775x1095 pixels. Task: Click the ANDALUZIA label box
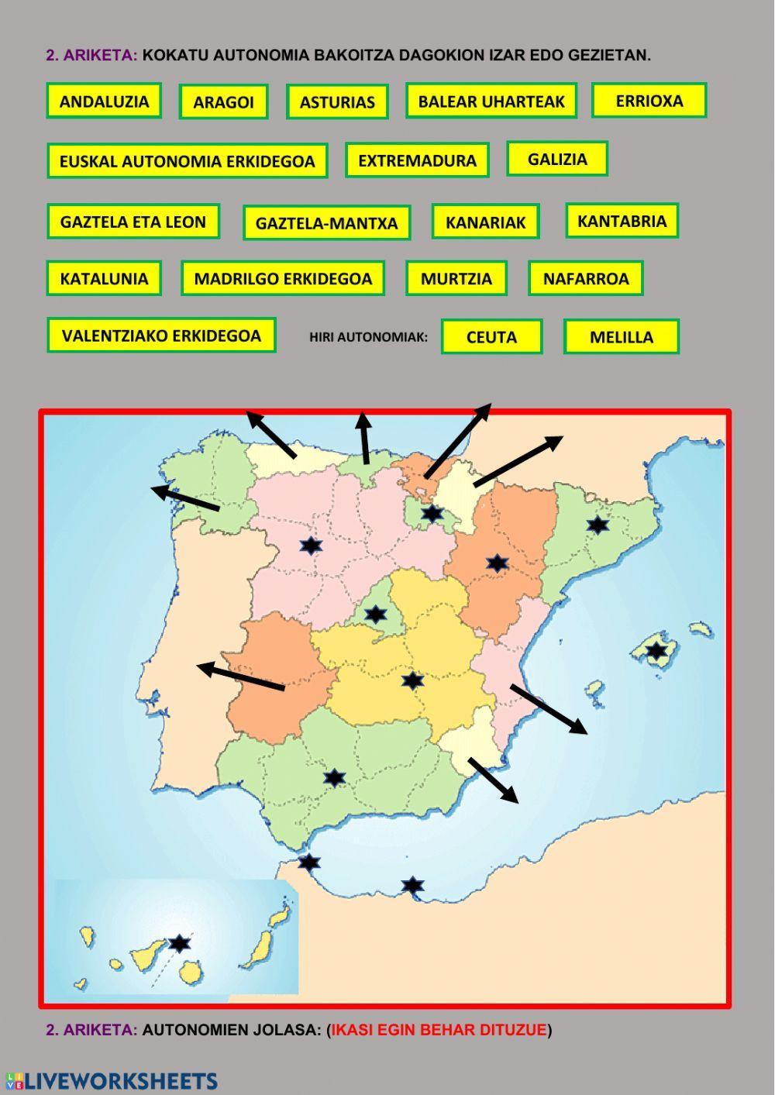pos(104,101)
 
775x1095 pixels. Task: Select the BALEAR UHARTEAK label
pos(491,101)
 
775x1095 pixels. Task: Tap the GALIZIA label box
pos(557,159)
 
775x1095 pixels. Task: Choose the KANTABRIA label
pos(622,221)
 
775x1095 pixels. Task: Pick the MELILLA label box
pos(621,337)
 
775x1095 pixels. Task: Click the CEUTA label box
pos(491,337)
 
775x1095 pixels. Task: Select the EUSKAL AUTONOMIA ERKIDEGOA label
pos(187,161)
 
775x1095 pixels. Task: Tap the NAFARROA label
pos(585,278)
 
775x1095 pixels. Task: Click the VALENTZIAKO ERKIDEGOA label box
pos(161,336)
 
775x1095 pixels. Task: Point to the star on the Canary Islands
pos(179,943)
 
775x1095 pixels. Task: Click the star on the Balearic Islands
pos(656,650)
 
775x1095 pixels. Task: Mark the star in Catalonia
pos(598,525)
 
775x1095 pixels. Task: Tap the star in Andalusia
pos(334,777)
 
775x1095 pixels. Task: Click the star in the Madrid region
pos(376,615)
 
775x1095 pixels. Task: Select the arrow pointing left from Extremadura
pos(241,677)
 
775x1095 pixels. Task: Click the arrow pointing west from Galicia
pos(186,498)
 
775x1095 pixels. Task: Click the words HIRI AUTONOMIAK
pos(368,337)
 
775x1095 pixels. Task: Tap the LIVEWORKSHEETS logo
pos(112,1081)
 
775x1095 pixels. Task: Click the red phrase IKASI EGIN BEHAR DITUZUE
pos(439,1030)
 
